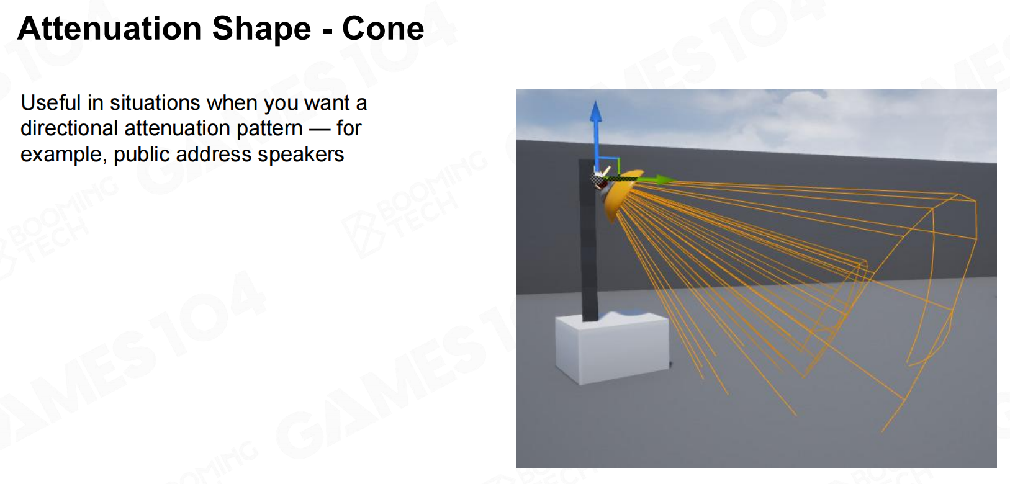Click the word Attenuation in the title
coord(110,29)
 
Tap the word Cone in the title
coord(383,29)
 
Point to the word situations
coord(155,103)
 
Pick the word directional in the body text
coord(70,128)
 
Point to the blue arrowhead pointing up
coord(595,111)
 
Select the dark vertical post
coord(588,240)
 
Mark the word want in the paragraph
coord(328,104)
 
